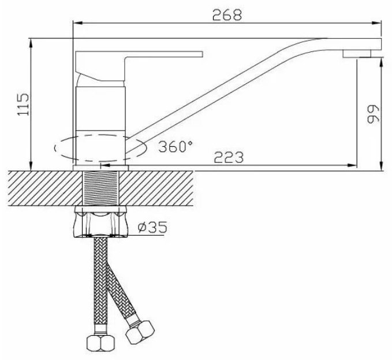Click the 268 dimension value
227,15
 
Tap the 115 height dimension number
23,105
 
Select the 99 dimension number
373,114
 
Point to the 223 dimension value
229,157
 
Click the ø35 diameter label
152,227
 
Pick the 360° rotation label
176,146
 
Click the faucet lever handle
139,66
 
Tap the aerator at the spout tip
357,54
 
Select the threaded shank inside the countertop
101,188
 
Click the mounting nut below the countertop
100,221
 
